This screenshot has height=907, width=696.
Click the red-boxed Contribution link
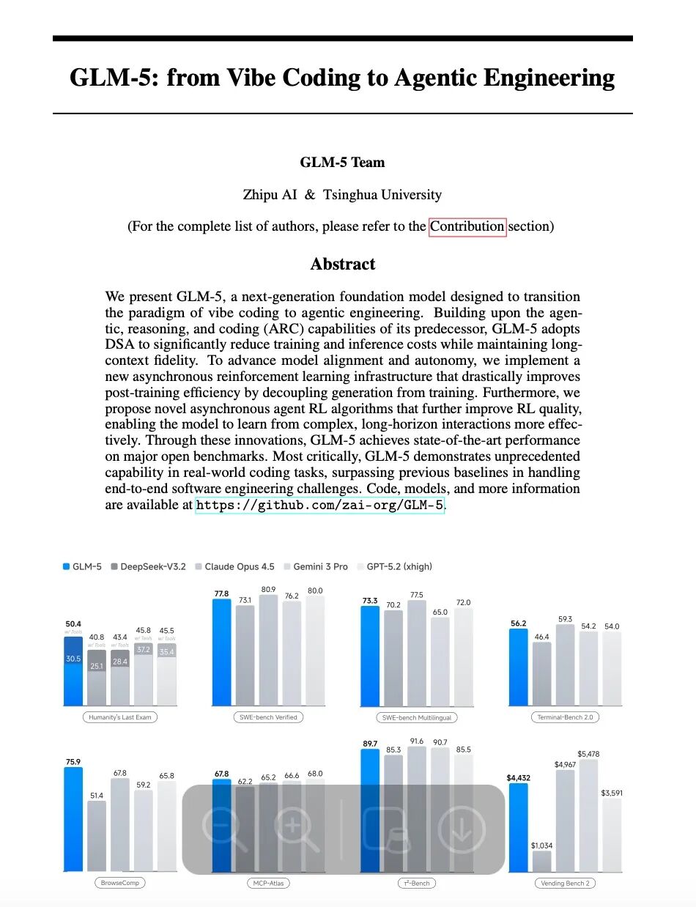(x=467, y=226)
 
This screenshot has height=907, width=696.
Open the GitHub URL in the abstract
(x=319, y=506)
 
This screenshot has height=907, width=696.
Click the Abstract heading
(x=342, y=264)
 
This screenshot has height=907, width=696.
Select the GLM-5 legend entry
(x=82, y=566)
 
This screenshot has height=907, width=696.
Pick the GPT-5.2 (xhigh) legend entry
(x=394, y=566)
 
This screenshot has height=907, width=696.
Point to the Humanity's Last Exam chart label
(x=120, y=717)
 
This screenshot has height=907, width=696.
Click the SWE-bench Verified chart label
(x=267, y=717)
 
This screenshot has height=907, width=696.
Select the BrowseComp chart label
(x=119, y=883)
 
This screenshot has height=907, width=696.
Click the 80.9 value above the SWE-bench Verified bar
(x=268, y=589)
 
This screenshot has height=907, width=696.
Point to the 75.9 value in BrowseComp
(x=73, y=762)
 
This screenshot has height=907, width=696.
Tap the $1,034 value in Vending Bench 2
(x=541, y=845)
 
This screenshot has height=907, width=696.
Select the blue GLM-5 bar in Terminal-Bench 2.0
(x=518, y=667)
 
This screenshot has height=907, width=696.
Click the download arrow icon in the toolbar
(x=462, y=829)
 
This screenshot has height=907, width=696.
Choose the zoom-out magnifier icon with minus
(x=223, y=829)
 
